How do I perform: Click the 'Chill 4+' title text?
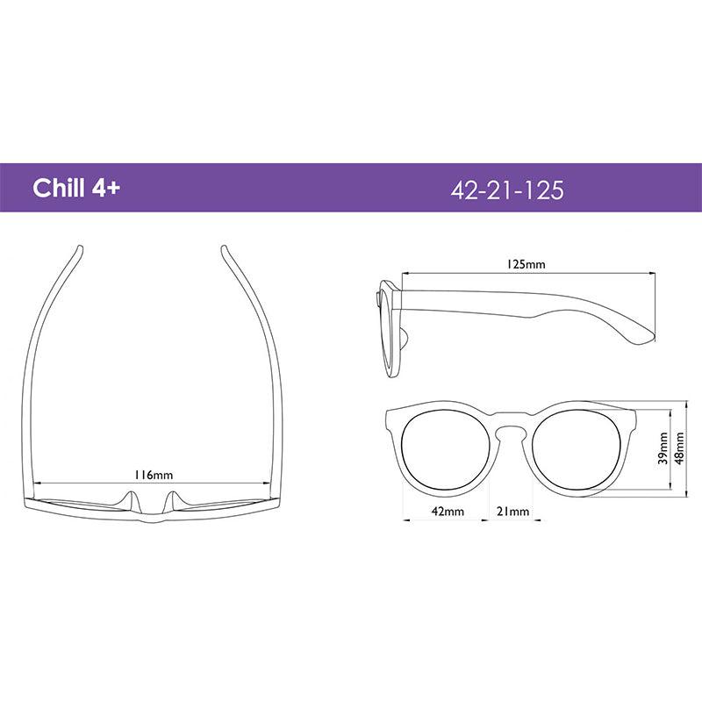[x=76, y=188]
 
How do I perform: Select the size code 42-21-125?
[x=507, y=190]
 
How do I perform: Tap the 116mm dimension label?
[x=154, y=475]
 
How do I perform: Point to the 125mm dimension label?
[x=526, y=264]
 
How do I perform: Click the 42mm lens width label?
[x=448, y=512]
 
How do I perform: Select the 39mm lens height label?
[x=663, y=448]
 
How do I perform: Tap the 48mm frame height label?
[x=679, y=448]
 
